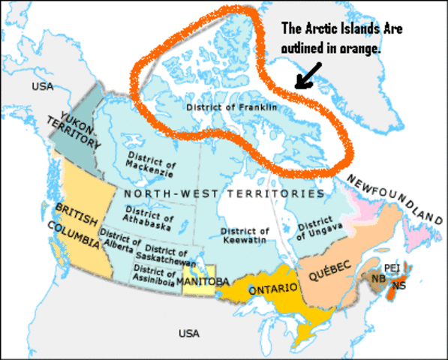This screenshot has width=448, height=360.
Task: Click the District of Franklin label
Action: (x=231, y=107)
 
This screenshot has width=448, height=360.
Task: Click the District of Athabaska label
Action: (x=149, y=217)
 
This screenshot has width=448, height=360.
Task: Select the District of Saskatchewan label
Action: (x=167, y=253)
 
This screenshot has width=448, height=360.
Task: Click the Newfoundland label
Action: (x=395, y=197)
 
